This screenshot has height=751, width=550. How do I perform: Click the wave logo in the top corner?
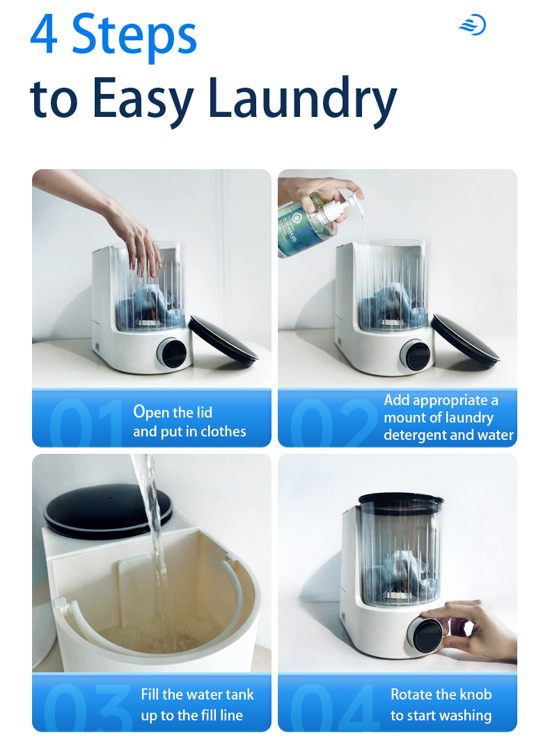click(473, 25)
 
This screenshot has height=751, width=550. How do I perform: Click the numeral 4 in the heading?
click(44, 35)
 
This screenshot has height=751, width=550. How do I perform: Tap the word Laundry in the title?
click(302, 100)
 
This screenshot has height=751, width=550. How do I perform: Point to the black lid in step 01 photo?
click(223, 340)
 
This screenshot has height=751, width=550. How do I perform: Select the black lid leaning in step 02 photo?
click(465, 338)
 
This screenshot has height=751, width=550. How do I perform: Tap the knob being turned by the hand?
click(425, 635)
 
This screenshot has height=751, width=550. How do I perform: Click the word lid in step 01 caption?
click(203, 412)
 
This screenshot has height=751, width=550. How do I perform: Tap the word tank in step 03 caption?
click(239, 695)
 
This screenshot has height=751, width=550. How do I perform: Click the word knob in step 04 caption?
click(476, 695)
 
